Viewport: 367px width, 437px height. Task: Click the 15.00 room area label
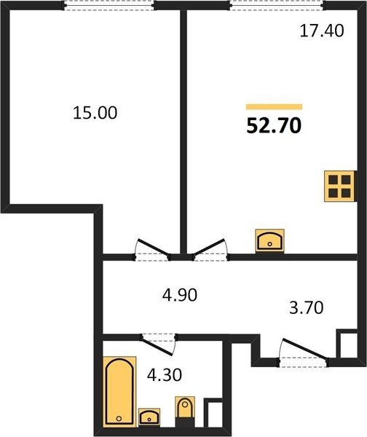click(x=95, y=113)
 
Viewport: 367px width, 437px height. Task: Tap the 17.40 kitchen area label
click(x=322, y=31)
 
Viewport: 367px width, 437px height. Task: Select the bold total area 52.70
click(x=274, y=126)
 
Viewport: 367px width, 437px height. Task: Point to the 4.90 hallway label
click(x=180, y=294)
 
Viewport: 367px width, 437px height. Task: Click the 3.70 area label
click(x=307, y=308)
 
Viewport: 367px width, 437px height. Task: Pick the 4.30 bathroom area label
click(x=165, y=375)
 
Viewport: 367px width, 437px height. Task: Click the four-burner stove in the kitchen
click(x=340, y=186)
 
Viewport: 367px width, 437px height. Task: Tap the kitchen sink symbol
click(x=269, y=241)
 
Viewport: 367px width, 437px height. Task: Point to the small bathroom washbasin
click(x=149, y=417)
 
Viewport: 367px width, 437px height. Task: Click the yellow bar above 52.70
click(x=275, y=107)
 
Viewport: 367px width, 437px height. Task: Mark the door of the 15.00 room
click(x=152, y=250)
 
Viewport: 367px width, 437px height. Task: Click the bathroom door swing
click(x=159, y=345)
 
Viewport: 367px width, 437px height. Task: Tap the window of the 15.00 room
click(x=109, y=6)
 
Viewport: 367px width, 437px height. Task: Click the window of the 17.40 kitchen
click(x=277, y=6)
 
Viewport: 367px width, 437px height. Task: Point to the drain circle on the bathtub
click(x=119, y=418)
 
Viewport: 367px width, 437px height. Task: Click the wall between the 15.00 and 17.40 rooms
click(x=183, y=132)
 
